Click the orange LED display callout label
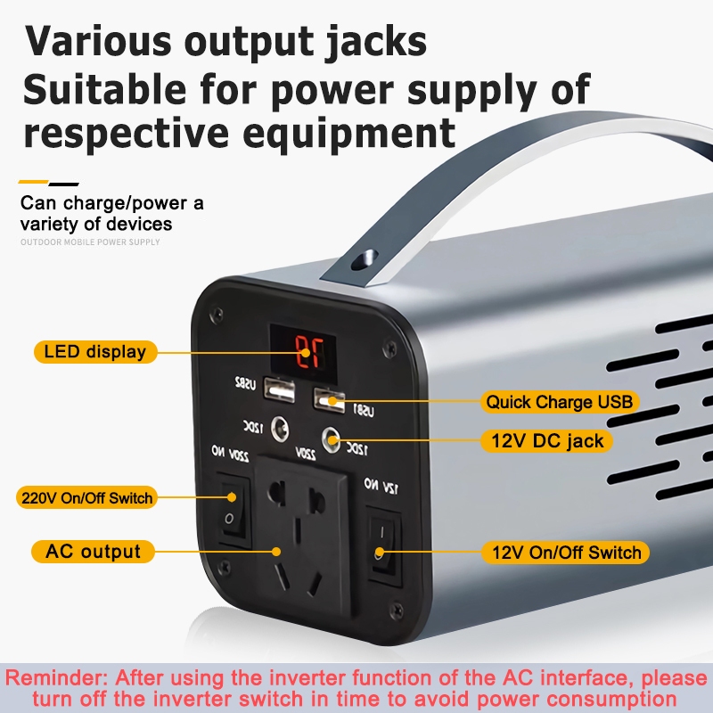pos(94,351)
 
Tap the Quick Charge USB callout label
pos(559,402)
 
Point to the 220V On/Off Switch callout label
pos(86,497)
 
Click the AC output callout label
pos(93,552)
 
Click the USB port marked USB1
pos(329,399)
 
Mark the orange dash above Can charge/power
pos(34,183)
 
